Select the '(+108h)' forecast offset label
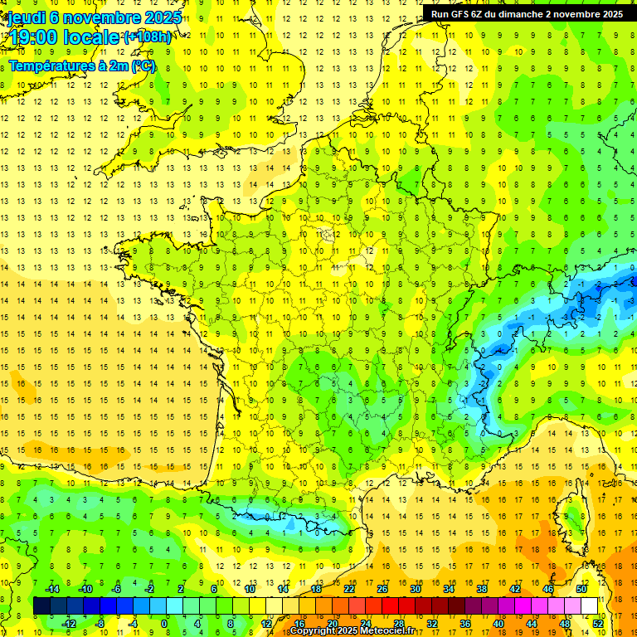point(147,37)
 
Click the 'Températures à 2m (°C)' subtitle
point(81,66)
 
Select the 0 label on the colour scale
point(164,624)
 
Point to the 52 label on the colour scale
point(597,624)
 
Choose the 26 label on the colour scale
point(382,589)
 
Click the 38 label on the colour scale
point(481,589)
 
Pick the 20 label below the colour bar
point(332,624)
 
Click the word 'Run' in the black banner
point(440,14)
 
